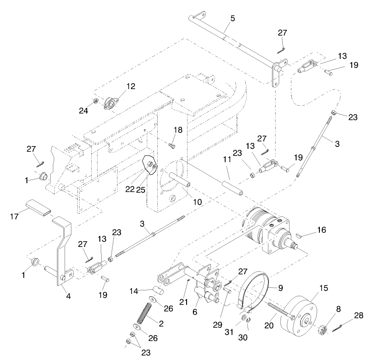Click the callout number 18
tap(178, 130)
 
